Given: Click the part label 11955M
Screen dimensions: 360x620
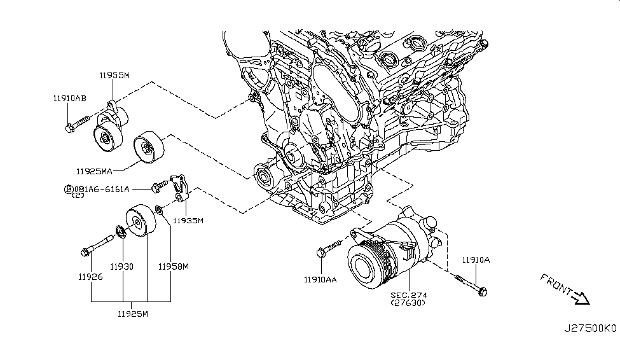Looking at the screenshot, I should pos(114,76).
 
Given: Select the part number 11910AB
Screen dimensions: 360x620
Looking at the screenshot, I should pos(70,98).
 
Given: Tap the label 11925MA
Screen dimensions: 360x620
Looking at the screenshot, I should pos(95,171).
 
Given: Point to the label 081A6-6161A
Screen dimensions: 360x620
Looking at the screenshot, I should pos(101,189).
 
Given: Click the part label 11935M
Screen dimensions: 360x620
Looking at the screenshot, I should pos(189,221).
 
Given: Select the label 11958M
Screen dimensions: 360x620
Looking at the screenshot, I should pos(174,267).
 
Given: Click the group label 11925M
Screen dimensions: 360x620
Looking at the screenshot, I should pos(133,314).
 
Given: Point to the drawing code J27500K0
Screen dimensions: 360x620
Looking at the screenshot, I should pos(590,329).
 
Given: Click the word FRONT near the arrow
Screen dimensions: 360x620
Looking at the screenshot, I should pos(556,284).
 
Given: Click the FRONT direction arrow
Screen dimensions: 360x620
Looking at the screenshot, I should pos(581,296).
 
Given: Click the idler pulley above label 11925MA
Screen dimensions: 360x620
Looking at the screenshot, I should pos(148,149).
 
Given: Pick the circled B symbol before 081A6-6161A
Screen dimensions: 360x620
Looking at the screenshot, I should pos(68,189).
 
